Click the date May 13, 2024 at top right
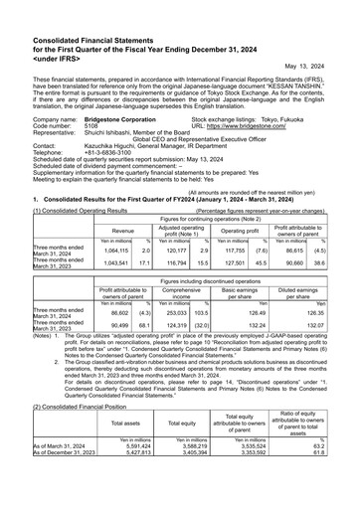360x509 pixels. point(321,67)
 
